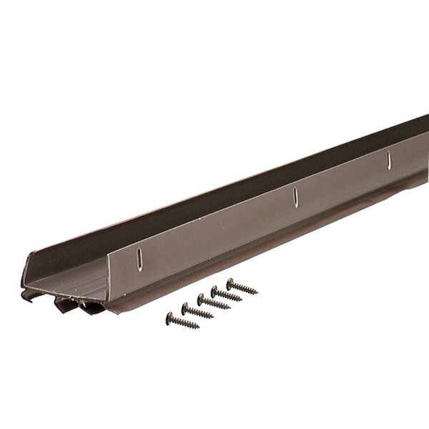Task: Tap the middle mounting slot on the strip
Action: click(296, 198)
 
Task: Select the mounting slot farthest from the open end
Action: click(389, 160)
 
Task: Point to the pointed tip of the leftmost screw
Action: click(197, 327)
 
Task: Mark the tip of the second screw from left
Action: click(213, 317)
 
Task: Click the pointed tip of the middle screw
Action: click(230, 308)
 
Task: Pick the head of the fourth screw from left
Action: click(214, 290)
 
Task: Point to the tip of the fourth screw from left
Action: click(242, 299)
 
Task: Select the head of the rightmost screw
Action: click(230, 282)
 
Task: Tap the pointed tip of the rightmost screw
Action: click(257, 292)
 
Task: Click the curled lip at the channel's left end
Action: click(27, 294)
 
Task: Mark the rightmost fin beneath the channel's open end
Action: click(92, 308)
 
